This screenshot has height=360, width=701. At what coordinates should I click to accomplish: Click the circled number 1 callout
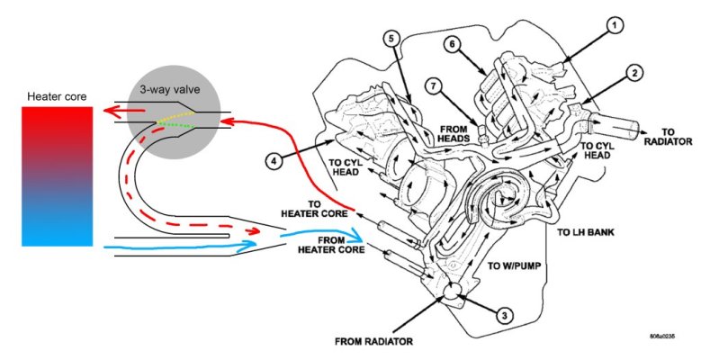point(615,26)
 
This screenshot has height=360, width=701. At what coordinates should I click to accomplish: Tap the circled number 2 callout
point(634,73)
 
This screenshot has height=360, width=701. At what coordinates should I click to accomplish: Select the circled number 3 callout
point(505,316)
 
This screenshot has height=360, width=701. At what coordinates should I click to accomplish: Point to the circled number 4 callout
point(274,160)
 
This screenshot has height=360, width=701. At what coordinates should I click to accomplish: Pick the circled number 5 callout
point(391,39)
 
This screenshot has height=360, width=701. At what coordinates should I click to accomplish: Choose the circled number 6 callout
point(453,44)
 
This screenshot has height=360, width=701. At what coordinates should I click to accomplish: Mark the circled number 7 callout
point(433,86)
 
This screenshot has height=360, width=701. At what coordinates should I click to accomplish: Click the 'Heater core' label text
point(57,96)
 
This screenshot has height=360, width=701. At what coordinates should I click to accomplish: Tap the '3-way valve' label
point(170,89)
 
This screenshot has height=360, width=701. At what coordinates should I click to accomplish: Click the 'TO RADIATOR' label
point(668,137)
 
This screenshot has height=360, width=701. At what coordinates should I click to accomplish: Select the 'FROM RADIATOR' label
point(373,342)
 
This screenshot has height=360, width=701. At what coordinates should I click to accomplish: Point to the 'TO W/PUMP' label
point(514,266)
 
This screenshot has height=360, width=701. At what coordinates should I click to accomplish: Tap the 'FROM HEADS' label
point(454,134)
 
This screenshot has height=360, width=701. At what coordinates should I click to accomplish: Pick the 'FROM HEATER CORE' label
point(331,245)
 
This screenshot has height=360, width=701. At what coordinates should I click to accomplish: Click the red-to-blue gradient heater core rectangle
point(58,176)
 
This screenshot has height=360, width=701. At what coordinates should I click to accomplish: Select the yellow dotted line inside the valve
point(175,117)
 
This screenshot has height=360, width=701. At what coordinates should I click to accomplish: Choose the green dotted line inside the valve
point(175,124)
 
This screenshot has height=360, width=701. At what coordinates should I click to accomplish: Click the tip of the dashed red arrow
point(260,231)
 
